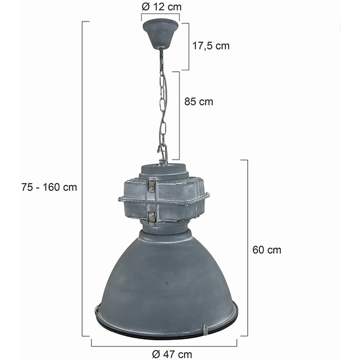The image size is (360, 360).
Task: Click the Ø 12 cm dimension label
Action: tap(161, 7)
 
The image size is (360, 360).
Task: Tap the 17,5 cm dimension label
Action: tap(211, 46)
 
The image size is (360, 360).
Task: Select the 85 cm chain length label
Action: tap(199, 101)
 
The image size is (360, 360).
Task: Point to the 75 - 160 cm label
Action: tap(49, 187)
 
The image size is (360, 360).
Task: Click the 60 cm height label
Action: tap(267, 250)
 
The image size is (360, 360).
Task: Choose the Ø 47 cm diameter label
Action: tap(172, 354)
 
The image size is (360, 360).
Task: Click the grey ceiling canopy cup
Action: tap(160, 34)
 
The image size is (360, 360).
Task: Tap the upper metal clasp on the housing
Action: tap(151, 185)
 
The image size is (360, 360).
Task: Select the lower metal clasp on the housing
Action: tap(151, 217)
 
